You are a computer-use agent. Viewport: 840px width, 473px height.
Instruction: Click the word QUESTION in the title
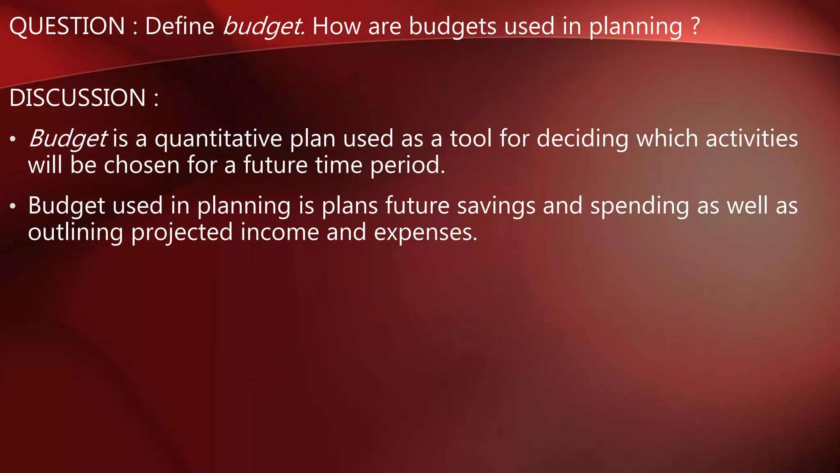[67, 26]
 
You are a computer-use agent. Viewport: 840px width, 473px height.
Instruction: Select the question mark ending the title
[695, 26]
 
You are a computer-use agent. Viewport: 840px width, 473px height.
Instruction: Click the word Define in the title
[180, 26]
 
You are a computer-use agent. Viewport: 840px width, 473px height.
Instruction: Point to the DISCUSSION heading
[78, 98]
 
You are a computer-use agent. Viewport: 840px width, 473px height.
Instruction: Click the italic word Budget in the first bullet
[68, 139]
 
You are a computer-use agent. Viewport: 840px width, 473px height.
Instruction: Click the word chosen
[142, 165]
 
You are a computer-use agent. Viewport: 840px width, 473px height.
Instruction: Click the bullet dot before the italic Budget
[13, 139]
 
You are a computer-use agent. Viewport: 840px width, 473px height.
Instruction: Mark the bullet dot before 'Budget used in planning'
[13, 206]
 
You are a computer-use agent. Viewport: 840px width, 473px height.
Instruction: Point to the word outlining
[75, 233]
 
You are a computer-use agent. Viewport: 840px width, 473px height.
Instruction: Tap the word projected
[182, 233]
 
